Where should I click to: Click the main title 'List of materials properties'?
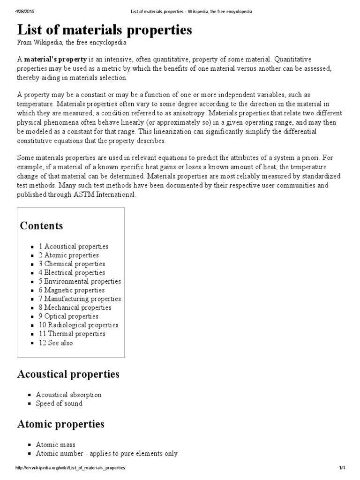point(105,30)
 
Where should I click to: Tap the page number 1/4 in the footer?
point(342,468)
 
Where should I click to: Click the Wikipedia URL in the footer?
point(70,468)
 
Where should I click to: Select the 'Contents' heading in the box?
point(41,225)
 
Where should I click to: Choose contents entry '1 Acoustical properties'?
point(74,246)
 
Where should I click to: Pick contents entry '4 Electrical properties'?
point(72,272)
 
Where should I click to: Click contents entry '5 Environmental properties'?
point(80,281)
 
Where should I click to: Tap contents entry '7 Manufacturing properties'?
point(80,299)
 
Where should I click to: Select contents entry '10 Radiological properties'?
point(78,325)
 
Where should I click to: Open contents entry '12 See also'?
point(56,343)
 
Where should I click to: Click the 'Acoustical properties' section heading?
point(68,374)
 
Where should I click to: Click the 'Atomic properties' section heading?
point(60,424)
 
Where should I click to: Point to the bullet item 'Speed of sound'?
point(59,404)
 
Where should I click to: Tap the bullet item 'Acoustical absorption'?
point(68,395)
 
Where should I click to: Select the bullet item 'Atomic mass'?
point(55,444)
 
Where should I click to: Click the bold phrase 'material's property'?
point(55,60)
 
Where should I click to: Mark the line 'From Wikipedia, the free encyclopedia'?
point(72,43)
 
